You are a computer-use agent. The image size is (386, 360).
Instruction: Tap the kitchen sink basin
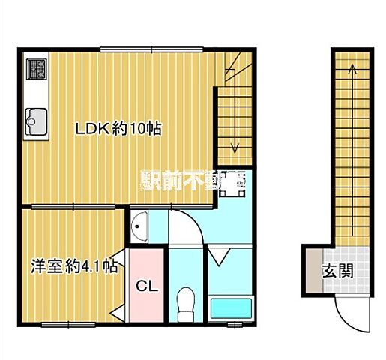pyautogui.click(x=35, y=118)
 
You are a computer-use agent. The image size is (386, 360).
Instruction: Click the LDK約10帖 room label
pyautogui.click(x=118, y=128)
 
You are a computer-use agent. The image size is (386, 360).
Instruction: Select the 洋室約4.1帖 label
pyautogui.click(x=73, y=265)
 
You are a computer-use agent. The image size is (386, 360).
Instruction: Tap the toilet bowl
pyautogui.click(x=183, y=304)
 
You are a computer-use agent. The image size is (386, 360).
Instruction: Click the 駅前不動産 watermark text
pyautogui.click(x=191, y=180)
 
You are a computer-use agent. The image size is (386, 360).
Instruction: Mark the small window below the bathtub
pyautogui.click(x=234, y=325)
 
